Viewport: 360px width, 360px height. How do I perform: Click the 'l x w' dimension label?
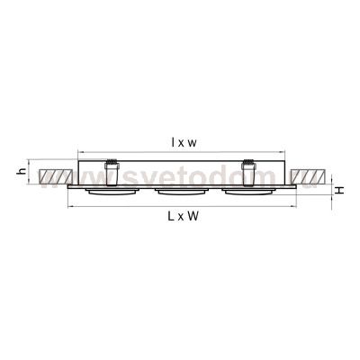tap(184, 142)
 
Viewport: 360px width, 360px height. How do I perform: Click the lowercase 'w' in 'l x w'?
tap(195, 142)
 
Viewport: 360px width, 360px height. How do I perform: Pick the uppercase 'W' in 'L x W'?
tap(194, 220)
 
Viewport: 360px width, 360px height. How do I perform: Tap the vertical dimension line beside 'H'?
tap(330, 190)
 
